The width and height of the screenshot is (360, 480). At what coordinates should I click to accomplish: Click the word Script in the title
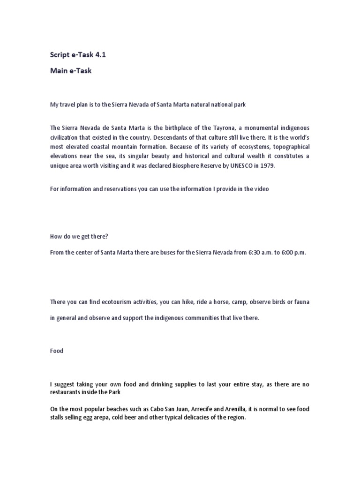pos(60,55)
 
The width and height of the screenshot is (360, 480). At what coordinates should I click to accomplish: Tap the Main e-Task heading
pos(72,71)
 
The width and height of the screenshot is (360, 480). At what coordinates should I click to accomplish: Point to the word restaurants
pos(66,392)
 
